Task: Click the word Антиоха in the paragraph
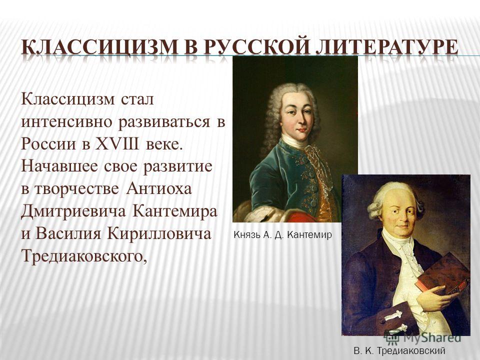pos(158,188)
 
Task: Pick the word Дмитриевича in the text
pos(73,211)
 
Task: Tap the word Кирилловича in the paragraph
pos(159,234)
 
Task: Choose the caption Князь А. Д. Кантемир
pos(282,235)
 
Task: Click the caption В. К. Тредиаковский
pos(399,351)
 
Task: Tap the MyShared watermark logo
pos(423,337)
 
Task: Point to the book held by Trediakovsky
pos(443,273)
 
